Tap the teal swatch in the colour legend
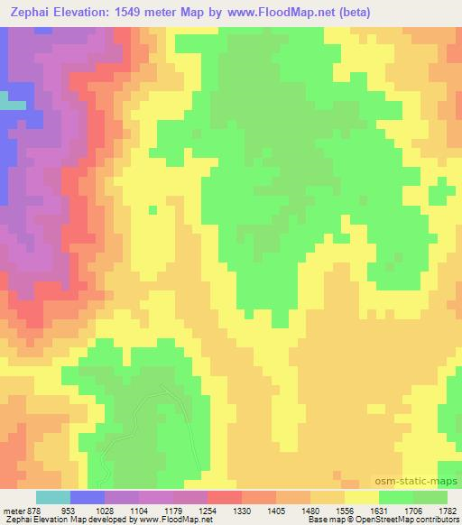[x=53, y=496]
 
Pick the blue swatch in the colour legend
[x=88, y=496]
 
